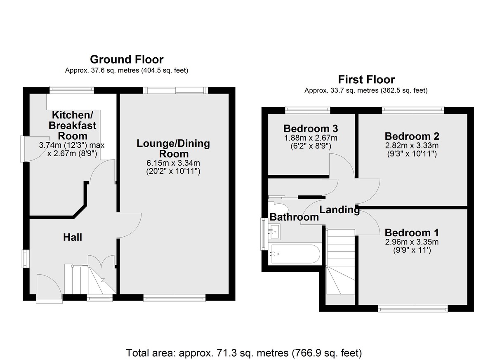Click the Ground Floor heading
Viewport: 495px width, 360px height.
(x=127, y=59)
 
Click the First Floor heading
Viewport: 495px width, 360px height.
(x=366, y=80)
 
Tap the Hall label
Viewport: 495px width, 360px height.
(x=73, y=237)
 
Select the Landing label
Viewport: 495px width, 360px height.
(x=339, y=210)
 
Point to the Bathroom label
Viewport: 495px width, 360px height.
(x=294, y=217)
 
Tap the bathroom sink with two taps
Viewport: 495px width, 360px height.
(x=274, y=231)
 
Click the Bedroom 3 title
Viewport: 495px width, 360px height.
(x=311, y=129)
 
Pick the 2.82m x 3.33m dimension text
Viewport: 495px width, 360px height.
(x=412, y=146)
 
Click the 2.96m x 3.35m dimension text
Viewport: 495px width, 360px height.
(x=412, y=242)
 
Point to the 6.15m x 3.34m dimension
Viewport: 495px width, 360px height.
(x=173, y=163)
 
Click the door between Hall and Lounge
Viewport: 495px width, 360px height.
(x=129, y=226)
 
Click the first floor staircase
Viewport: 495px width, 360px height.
(x=340, y=261)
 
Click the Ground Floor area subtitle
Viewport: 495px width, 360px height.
(x=127, y=71)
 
